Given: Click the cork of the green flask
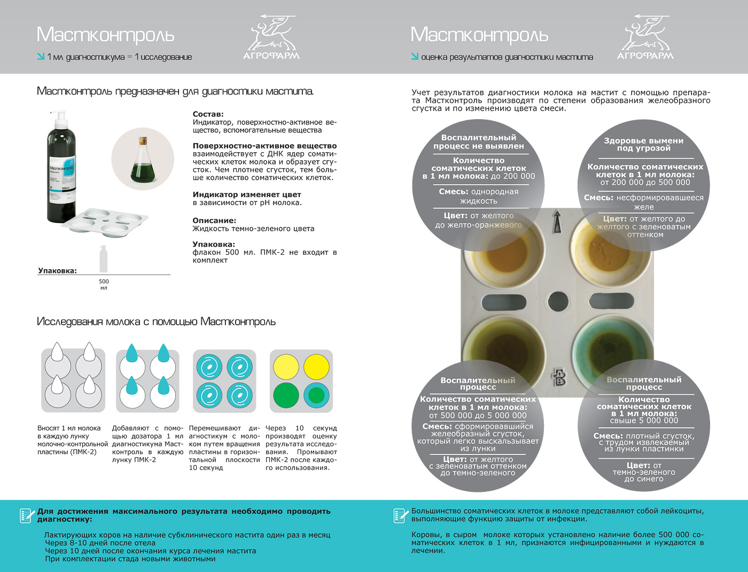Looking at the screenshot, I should [143, 142].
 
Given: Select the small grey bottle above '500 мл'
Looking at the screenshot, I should [104, 259].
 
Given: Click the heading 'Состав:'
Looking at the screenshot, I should [208, 114].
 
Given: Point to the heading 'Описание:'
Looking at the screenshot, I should [214, 220].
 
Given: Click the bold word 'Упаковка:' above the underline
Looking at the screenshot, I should [57, 271].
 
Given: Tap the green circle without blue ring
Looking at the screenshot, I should [286, 395].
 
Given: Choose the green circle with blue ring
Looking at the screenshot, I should [316, 395].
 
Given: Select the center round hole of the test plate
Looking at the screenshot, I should [558, 302].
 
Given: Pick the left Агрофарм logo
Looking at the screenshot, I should [271, 37].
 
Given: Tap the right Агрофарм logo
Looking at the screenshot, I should [645, 37].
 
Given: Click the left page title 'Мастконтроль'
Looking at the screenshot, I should [105, 35].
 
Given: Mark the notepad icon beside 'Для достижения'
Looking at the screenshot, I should [26, 515].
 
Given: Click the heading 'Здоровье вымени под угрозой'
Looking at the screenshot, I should [643, 144].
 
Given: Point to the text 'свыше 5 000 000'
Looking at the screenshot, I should [644, 421].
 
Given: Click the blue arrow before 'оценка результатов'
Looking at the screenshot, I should [415, 57].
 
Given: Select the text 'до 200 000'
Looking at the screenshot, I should [512, 176].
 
